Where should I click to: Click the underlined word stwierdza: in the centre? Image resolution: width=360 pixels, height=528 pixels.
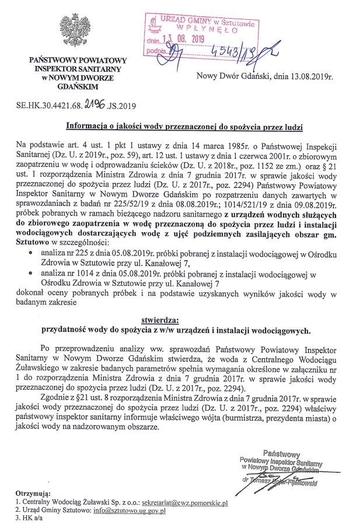[x=163, y=319]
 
